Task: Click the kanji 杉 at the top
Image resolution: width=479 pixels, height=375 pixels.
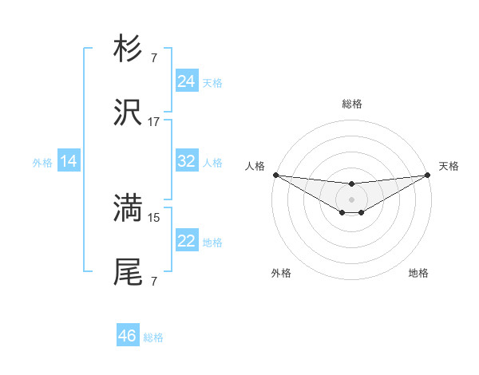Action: pyautogui.click(x=128, y=49)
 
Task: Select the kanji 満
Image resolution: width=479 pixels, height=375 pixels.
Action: pyautogui.click(x=128, y=208)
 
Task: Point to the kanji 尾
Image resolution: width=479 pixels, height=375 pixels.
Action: pyautogui.click(x=128, y=272)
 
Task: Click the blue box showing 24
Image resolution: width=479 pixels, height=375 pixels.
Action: pyautogui.click(x=186, y=81)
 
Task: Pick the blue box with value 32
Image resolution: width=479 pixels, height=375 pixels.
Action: pyautogui.click(x=186, y=161)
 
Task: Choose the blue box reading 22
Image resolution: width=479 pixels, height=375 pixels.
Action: pyautogui.click(x=186, y=241)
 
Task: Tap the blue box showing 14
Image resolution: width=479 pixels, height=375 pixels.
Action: pyautogui.click(x=69, y=161)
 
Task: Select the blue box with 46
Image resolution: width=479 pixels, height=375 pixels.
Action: pyautogui.click(x=128, y=336)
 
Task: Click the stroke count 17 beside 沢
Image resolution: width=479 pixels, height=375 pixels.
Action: pyautogui.click(x=154, y=122)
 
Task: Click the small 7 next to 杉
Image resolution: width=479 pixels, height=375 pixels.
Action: pyautogui.click(x=154, y=58)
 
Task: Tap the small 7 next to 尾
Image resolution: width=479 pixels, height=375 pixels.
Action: pyautogui.click(x=154, y=281)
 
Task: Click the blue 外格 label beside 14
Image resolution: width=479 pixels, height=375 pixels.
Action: pyautogui.click(x=42, y=162)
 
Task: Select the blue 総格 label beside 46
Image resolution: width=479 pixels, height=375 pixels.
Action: pyautogui.click(x=153, y=337)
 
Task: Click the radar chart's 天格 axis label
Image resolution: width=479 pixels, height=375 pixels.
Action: pyautogui.click(x=449, y=166)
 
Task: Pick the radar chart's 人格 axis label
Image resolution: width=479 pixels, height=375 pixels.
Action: pyautogui.click(x=255, y=166)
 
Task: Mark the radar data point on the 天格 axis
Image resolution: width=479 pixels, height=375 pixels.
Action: pyautogui.click(x=428, y=174)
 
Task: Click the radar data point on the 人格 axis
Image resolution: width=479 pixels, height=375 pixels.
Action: pyautogui.click(x=275, y=174)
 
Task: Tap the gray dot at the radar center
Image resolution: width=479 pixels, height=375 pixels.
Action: pyautogui.click(x=351, y=199)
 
